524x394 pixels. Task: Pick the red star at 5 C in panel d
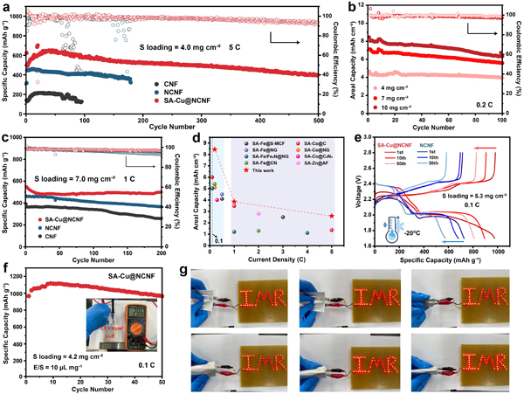(x=331, y=216)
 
